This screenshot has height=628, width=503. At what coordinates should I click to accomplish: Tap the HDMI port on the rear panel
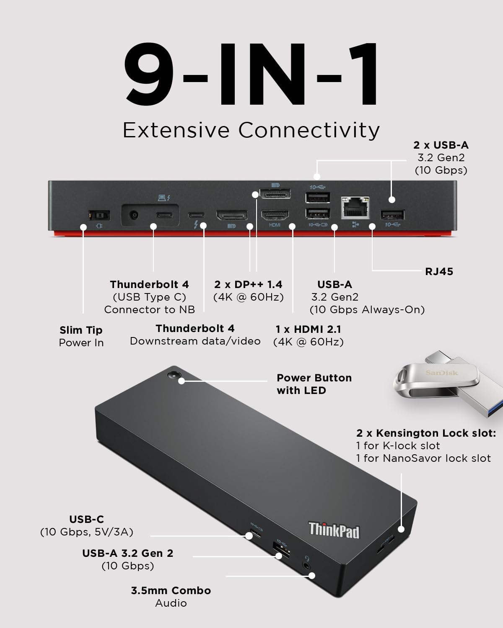point(275,215)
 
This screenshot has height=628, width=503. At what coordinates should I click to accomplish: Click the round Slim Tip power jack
point(134,215)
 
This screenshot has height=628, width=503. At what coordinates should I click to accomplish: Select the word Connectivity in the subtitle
point(309,130)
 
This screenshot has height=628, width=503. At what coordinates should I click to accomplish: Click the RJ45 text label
point(439,272)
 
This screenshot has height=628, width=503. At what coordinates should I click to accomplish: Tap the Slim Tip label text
point(81,330)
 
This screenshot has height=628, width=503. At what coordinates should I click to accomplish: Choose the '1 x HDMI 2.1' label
point(308,329)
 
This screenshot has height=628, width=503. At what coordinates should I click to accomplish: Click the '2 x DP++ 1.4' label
point(248,285)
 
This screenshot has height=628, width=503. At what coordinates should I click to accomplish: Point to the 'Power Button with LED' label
point(314,384)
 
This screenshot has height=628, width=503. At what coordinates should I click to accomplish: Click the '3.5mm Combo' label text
point(171,591)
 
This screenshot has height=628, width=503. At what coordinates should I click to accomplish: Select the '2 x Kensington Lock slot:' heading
point(426,433)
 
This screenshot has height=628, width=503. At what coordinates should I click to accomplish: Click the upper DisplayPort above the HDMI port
point(274,194)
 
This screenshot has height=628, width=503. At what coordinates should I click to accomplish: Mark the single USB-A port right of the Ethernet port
point(392,215)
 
